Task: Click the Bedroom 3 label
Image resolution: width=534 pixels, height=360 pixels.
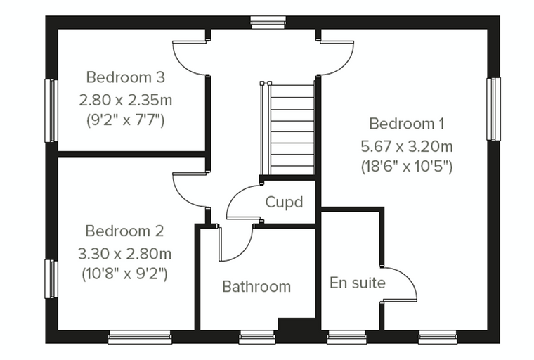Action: [x=125, y=77]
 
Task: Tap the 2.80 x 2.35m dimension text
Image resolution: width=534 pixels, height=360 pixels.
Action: [x=125, y=101]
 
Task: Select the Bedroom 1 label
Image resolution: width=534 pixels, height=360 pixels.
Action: [x=407, y=124]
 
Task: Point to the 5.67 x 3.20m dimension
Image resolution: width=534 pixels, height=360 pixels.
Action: [x=407, y=146]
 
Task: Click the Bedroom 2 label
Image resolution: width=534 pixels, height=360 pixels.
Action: [x=124, y=231]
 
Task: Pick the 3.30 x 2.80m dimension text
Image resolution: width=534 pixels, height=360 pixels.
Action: [x=124, y=254]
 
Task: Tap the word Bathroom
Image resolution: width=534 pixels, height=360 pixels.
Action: [x=256, y=287]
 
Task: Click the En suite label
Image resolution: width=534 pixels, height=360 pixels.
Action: [x=357, y=283]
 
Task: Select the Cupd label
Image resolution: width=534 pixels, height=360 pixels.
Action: [x=284, y=202]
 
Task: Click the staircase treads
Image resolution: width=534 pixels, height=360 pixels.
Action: [x=292, y=129]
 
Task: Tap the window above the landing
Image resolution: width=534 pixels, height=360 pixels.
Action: [x=268, y=22]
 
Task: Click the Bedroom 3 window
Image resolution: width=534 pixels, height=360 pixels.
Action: [x=51, y=111]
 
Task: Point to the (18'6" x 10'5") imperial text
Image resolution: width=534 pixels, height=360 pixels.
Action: [x=407, y=167]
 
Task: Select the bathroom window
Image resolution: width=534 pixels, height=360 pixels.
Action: [x=256, y=337]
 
